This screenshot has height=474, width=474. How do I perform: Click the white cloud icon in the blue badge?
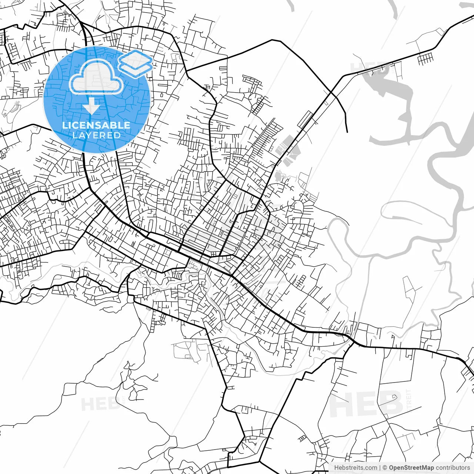click(96, 77)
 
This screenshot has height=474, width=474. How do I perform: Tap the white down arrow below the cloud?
click(91, 107)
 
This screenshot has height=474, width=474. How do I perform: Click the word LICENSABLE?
click(96, 125)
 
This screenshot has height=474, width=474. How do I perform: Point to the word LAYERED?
click(96, 135)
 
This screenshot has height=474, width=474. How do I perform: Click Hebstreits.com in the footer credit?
click(355, 468)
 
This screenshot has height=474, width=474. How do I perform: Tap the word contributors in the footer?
click(453, 468)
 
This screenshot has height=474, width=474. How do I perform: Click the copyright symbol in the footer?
click(385, 468)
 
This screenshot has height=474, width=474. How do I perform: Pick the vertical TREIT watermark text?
click(409, 398)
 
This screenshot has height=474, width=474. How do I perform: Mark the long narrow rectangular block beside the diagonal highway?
click(305, 119)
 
